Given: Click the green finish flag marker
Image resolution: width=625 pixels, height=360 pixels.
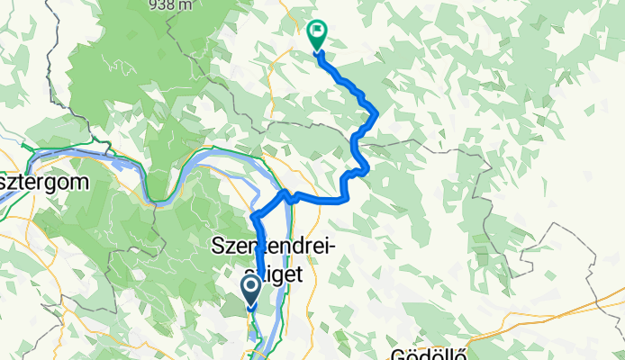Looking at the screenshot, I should click(317, 35).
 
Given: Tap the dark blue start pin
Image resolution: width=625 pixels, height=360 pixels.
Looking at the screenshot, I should click(251, 290).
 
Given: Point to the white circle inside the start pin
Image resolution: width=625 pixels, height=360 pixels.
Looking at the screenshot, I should click(251, 288).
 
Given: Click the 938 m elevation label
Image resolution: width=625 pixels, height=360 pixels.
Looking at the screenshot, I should click(172, 5).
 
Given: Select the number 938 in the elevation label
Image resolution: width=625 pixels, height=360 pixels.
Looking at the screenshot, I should click(165, 5).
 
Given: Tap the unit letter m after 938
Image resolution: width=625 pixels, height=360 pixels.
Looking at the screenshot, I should click(187, 5).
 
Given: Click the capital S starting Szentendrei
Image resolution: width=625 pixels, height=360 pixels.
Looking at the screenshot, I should click(217, 245).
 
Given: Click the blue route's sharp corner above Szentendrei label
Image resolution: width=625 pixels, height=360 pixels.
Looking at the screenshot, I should click(254, 216).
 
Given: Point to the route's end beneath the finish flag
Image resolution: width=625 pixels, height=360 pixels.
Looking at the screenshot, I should click(318, 52).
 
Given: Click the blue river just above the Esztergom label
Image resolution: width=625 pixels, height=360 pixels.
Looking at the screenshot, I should click(54, 159).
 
